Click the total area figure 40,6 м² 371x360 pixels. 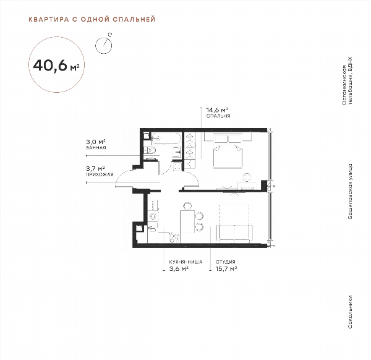56,66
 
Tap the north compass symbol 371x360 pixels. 103,45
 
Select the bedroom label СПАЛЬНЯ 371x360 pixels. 218,116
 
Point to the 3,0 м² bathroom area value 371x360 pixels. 96,142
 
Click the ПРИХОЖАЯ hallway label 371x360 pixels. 100,174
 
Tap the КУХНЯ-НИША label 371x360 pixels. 185,262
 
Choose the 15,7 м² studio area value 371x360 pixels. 226,269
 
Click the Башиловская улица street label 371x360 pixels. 350,191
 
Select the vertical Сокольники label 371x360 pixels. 350,312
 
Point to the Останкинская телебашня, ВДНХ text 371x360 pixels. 347,80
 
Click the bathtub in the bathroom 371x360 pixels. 166,138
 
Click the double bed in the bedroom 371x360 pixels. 228,151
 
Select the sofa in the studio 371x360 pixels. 234,233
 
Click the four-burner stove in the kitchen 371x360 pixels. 174,238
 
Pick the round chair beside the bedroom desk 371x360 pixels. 247,178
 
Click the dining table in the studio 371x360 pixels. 187,221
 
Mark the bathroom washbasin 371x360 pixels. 177,152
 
